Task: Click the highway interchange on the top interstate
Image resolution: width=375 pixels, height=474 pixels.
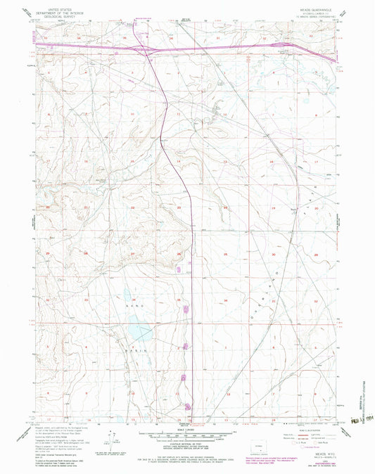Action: (151, 49)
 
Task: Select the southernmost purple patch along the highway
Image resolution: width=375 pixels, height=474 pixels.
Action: (187, 406)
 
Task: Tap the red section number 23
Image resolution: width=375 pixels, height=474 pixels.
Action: (180, 208)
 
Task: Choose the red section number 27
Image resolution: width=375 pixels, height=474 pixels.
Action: (133, 252)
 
